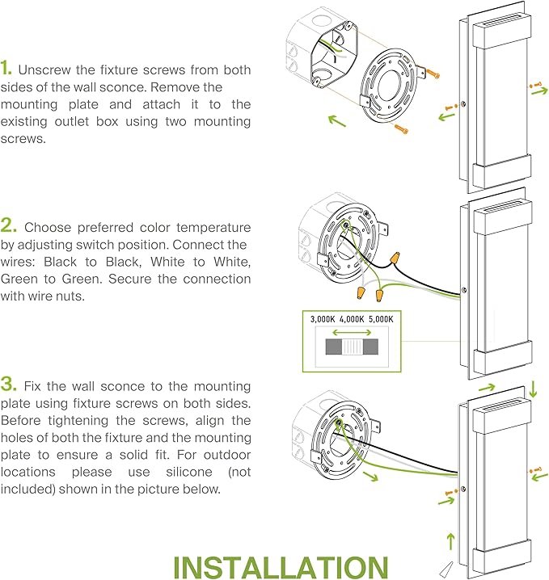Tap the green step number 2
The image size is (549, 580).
click(x=8, y=226)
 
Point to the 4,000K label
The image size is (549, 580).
click(x=352, y=319)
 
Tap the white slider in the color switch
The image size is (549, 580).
click(x=352, y=348)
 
